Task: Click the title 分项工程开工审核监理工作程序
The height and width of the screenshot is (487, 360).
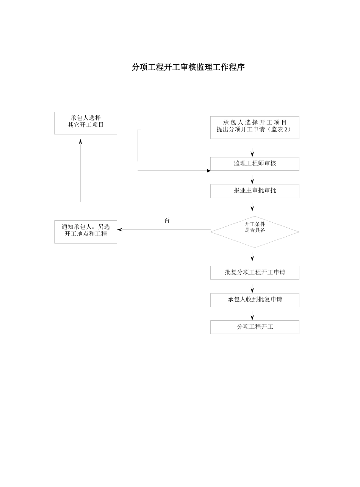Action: click(188, 67)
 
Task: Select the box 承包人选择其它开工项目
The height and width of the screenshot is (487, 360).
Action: click(86, 123)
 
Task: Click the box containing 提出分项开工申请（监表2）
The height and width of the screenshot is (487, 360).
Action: click(255, 127)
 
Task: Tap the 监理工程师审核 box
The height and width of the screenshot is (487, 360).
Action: click(255, 164)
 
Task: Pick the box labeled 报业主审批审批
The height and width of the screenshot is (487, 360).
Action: click(255, 191)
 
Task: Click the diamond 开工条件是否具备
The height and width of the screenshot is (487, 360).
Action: click(255, 232)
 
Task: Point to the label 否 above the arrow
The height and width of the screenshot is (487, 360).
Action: click(167, 220)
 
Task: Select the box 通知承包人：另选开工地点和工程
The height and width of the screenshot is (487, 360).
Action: click(86, 232)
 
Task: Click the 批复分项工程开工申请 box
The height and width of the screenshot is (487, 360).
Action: click(255, 273)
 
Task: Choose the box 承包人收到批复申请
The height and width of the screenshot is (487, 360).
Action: click(255, 300)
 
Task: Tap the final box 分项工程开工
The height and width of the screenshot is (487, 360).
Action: click(255, 327)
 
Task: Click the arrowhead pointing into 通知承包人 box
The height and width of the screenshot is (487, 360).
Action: click(120, 229)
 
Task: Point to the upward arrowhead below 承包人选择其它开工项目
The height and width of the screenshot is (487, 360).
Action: click(80, 142)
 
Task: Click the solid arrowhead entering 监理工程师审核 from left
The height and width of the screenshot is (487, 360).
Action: click(208, 171)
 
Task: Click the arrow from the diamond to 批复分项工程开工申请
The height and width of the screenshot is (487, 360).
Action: click(252, 258)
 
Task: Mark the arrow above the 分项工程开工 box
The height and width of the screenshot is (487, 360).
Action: click(252, 317)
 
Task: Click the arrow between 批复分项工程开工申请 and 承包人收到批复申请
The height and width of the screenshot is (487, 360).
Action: click(252, 289)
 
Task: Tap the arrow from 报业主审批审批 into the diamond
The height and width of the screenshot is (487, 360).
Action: click(252, 208)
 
